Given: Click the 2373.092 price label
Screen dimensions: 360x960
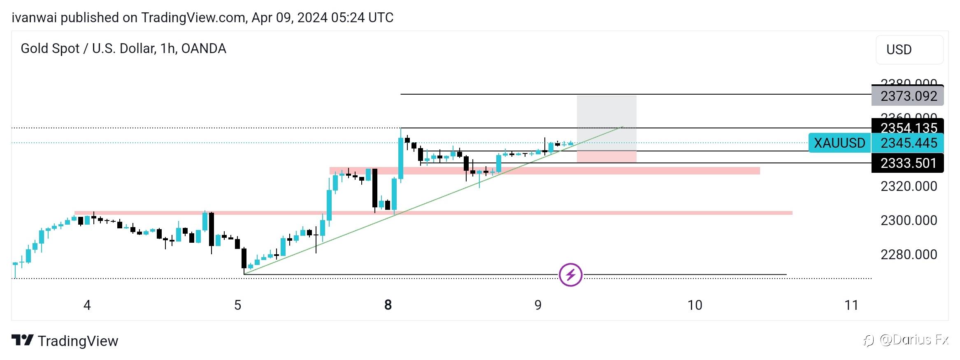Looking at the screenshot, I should [908, 96].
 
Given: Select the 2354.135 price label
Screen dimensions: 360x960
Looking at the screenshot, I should [908, 128].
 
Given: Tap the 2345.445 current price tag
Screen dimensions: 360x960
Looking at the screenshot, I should [908, 143].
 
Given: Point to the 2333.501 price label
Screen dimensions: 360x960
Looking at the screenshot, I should [908, 163].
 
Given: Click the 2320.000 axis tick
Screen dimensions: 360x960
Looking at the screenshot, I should [908, 186].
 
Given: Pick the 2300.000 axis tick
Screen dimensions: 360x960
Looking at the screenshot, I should [908, 221].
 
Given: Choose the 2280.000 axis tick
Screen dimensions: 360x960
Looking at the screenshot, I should [908, 255].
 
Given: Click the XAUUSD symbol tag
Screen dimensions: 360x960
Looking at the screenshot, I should [839, 143].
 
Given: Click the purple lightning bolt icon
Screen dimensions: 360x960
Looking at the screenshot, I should [570, 274].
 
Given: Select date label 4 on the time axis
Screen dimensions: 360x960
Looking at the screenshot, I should [87, 305].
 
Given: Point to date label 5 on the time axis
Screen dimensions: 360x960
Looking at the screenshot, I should [237, 305].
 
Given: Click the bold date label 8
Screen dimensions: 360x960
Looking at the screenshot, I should [388, 305].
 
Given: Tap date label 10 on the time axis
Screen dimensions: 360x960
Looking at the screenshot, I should [695, 305].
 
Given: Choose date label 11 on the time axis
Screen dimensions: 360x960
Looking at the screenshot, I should [851, 305].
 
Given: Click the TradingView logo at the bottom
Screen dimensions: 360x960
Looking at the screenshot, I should [65, 341].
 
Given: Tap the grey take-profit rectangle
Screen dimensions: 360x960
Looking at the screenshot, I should [606, 123].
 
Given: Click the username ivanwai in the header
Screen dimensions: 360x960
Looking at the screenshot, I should [34, 18].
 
